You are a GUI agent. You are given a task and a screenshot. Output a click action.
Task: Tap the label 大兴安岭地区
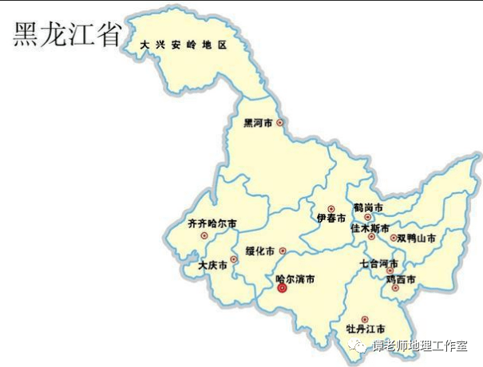[x=184, y=45]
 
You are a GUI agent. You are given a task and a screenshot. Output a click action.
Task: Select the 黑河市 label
[x=258, y=124]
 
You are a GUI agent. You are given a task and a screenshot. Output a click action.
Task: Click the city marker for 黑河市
[x=279, y=123]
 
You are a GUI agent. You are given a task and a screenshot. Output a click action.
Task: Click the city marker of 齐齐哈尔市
[x=204, y=235]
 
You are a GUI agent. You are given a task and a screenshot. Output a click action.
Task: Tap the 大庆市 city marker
[x=233, y=259]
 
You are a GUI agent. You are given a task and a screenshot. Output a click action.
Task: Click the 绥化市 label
[x=259, y=251]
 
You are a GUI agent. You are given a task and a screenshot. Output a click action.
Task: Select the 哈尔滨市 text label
[x=295, y=279]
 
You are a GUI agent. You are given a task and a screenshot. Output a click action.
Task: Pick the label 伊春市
[x=331, y=218]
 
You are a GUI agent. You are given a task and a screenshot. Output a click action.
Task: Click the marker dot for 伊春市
[x=331, y=208]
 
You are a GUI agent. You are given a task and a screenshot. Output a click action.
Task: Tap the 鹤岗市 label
[x=368, y=207]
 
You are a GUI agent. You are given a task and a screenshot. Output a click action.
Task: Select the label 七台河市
[x=378, y=262]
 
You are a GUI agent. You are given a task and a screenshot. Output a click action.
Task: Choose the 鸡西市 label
[x=401, y=278]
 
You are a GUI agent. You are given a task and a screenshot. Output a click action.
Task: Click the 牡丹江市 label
[x=366, y=329]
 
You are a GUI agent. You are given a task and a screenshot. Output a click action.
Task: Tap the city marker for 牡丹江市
[x=365, y=318]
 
